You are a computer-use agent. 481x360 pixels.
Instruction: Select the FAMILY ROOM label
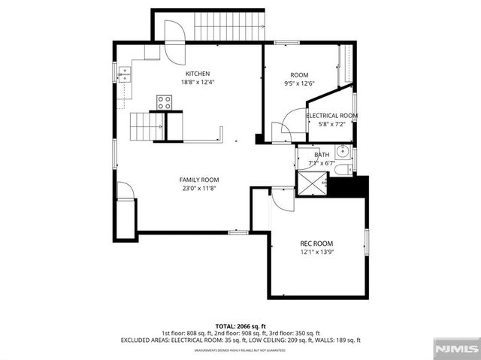click(x=198, y=180)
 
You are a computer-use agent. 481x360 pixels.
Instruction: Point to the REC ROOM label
click(x=316, y=244)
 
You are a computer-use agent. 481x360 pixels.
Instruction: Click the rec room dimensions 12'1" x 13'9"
click(x=316, y=253)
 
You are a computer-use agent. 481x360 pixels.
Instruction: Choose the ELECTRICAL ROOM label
click(x=331, y=116)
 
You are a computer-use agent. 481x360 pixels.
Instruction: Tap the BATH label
click(x=311, y=154)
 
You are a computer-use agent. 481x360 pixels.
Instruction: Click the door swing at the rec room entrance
click(x=283, y=199)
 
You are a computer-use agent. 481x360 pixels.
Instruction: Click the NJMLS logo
click(x=455, y=348)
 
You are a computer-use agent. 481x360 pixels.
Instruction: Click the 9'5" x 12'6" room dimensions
click(x=300, y=83)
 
